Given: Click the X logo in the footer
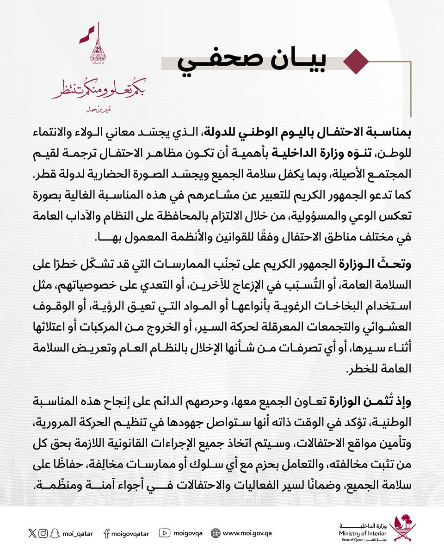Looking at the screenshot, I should point(32,533).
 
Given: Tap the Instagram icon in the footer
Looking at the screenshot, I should point(43,533).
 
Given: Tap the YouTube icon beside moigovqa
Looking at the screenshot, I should point(165,533).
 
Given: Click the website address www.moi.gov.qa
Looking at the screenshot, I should point(247,534).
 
